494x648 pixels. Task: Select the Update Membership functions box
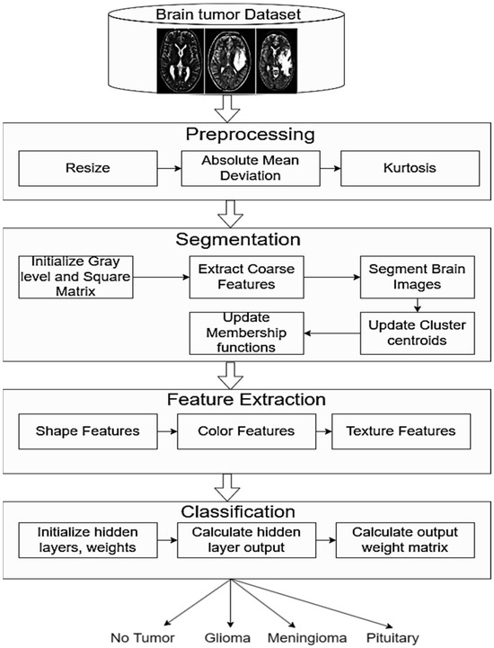coord(245,333)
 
